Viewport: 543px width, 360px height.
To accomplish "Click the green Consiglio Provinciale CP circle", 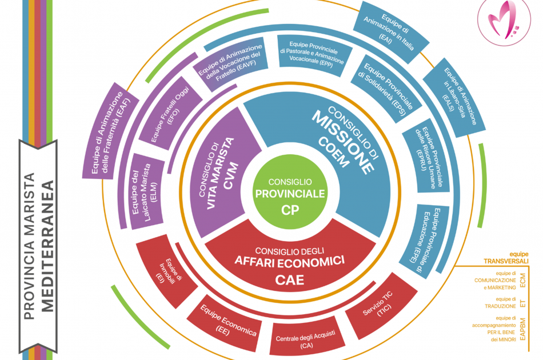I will tap(290, 194).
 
